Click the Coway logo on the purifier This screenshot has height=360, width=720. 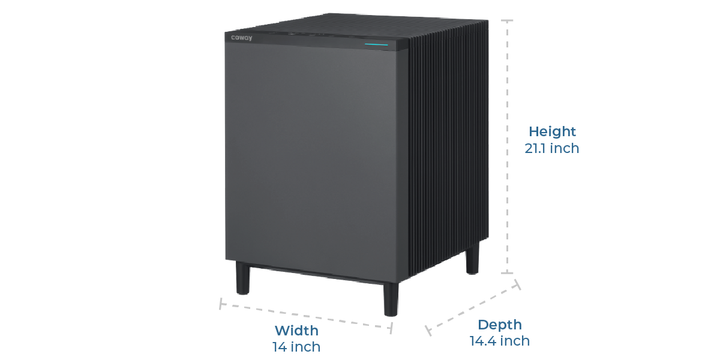point(242,38)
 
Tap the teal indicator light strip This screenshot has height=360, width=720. point(376,44)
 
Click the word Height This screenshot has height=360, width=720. point(552,131)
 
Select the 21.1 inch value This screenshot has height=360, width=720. point(552,149)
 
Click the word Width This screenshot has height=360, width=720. point(296,331)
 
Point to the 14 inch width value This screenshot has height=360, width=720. point(296,347)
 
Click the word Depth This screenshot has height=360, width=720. point(499,325)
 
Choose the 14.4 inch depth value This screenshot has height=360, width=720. point(499,341)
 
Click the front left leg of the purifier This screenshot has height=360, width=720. point(242,278)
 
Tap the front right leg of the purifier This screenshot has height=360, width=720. point(391,299)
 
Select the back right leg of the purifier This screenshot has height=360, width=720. point(473,258)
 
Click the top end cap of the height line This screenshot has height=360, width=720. point(507,20)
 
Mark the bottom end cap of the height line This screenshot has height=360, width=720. point(507,273)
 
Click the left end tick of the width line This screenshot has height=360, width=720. point(221,304)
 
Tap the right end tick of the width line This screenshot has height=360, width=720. point(391,328)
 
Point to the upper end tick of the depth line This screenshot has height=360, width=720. point(517,284)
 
